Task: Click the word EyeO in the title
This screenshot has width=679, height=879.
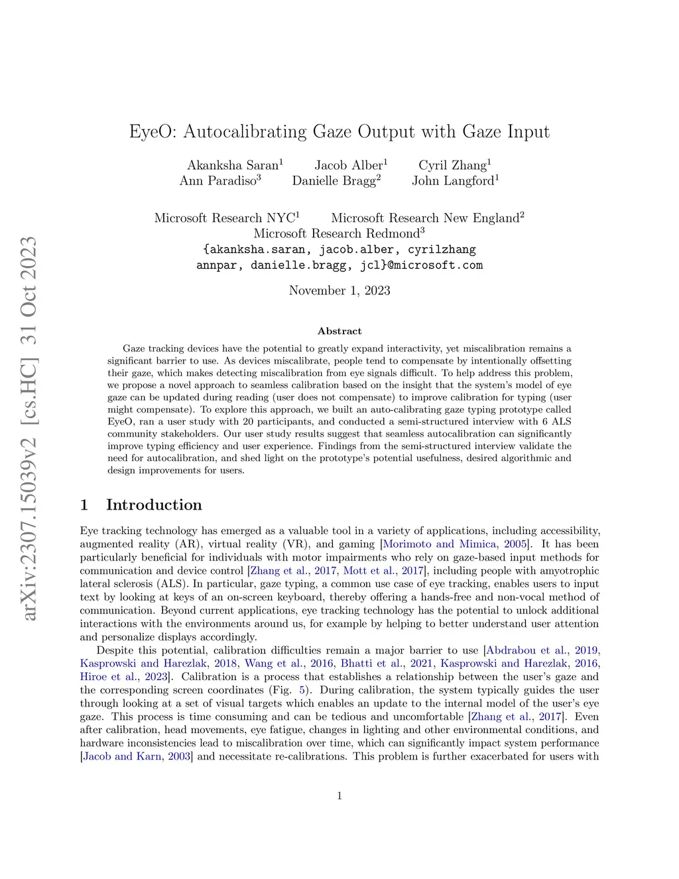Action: click(x=152, y=132)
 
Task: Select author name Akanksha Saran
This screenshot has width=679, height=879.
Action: click(x=232, y=165)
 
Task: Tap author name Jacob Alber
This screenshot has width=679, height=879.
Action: click(x=348, y=165)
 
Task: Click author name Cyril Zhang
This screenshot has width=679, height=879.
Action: click(x=452, y=165)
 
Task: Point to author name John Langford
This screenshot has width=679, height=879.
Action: click(x=453, y=180)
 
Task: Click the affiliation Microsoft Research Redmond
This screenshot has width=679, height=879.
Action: click(x=337, y=234)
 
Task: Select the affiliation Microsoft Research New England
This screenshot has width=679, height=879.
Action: click(x=424, y=218)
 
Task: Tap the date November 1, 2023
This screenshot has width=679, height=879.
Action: click(x=339, y=291)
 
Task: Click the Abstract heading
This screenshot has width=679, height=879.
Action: click(x=339, y=331)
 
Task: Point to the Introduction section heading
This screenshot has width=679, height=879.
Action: click(x=154, y=505)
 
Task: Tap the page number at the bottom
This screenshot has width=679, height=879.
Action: click(x=339, y=796)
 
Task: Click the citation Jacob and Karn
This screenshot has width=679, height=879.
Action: click(x=122, y=756)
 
